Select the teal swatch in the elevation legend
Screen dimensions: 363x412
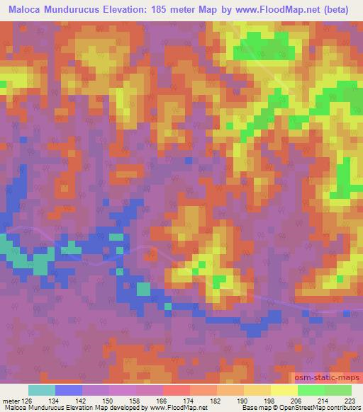pos(42,390)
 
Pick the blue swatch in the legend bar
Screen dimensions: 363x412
pos(69,390)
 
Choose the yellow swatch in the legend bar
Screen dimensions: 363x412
pos(284,390)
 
